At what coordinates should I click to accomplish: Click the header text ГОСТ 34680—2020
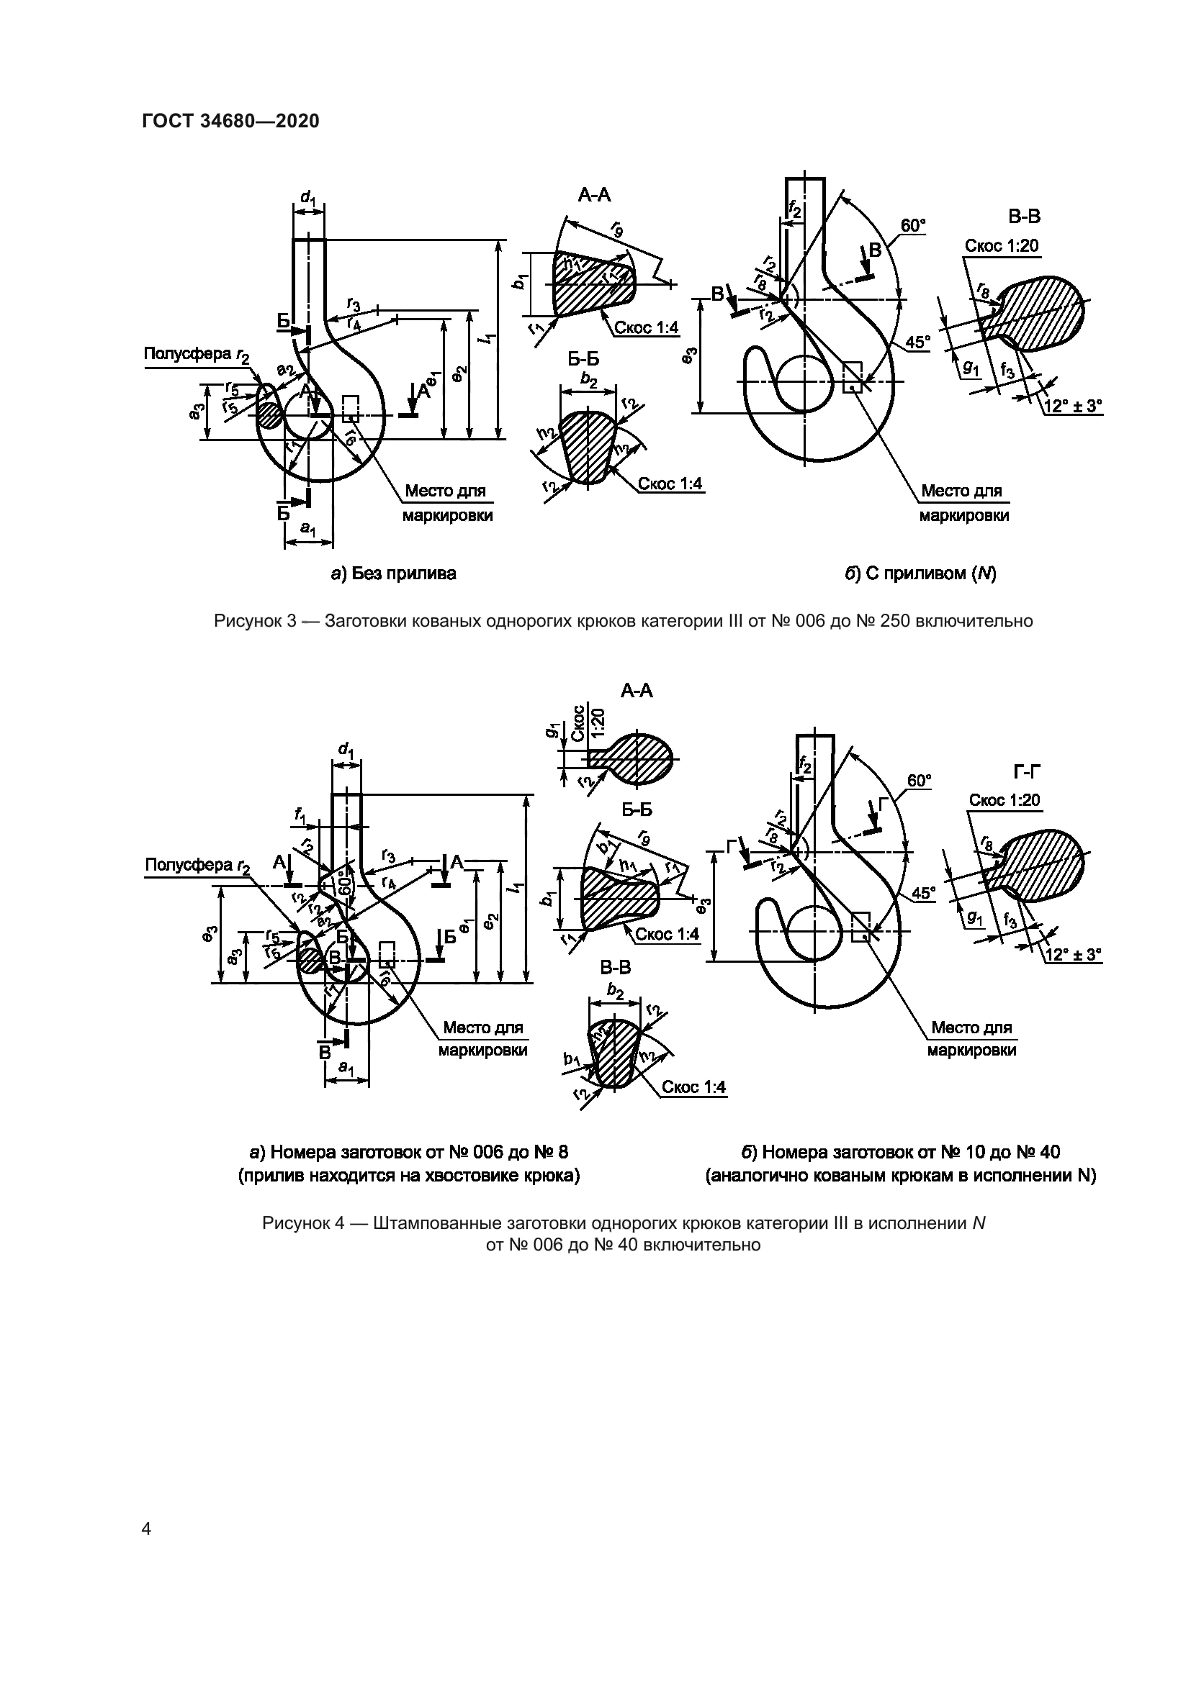coord(230,122)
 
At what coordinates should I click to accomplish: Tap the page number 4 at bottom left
coord(146,1529)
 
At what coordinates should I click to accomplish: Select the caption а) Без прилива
coord(393,573)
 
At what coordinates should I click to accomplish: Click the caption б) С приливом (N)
coord(920,573)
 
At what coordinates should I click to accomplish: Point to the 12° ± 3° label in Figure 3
coord(1073,405)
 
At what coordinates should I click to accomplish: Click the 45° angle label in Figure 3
coord(917,343)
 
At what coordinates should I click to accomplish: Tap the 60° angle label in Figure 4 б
coord(919,781)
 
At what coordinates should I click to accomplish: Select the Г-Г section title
coord(1027,771)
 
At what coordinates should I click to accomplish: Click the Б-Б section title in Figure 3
coord(584,359)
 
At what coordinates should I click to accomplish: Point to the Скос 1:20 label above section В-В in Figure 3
coord(1002,246)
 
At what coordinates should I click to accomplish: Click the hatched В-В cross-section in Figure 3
coord(1041,308)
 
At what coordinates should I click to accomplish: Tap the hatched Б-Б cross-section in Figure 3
coord(587,447)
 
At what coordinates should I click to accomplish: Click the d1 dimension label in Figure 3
coord(308,197)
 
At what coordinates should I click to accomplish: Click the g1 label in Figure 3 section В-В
coord(970,369)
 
